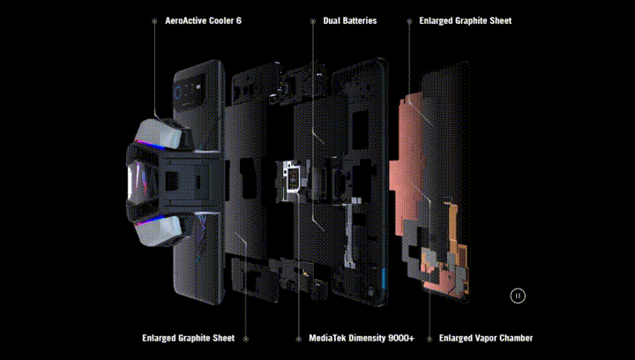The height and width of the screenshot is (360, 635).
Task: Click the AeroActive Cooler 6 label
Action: pyautogui.click(x=203, y=20)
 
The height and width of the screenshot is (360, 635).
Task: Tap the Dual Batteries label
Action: pyautogui.click(x=350, y=20)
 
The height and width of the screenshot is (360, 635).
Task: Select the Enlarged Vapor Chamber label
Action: pyautogui.click(x=486, y=338)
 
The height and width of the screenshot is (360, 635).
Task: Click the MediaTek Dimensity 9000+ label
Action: pyautogui.click(x=362, y=338)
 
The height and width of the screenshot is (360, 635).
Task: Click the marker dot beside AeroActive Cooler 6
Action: pyautogui.click(x=154, y=21)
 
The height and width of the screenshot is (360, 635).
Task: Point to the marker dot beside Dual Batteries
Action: pyautogui.click(x=312, y=21)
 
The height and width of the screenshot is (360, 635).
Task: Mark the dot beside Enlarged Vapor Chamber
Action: pyautogui.click(x=430, y=339)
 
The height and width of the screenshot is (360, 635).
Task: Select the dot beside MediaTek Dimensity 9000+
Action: pyautogui.click(x=298, y=339)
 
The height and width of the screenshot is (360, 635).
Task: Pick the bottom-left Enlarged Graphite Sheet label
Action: pyautogui.click(x=189, y=338)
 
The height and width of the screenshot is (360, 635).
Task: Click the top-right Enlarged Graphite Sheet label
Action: pyautogui.click(x=466, y=20)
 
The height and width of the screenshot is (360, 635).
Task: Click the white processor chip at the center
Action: pyautogui.click(x=292, y=179)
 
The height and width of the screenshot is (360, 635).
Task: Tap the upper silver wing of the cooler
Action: pyautogui.click(x=159, y=133)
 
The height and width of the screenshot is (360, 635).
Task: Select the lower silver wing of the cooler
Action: pyautogui.click(x=159, y=230)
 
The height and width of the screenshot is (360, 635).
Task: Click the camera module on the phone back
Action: pyautogui.click(x=190, y=94)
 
